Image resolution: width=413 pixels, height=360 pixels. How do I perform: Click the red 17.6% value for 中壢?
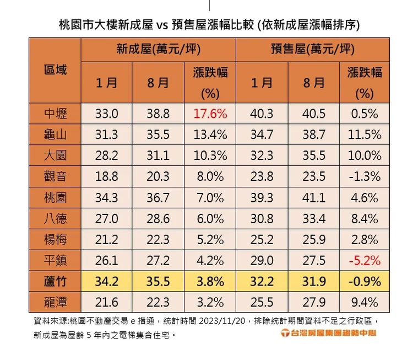(x=210, y=114)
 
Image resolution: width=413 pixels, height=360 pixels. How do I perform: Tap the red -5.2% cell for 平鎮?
(x=364, y=260)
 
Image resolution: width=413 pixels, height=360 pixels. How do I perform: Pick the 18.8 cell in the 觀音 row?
(x=107, y=176)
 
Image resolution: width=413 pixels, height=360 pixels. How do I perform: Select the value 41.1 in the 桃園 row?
(x=314, y=197)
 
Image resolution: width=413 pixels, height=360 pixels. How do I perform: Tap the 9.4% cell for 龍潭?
(x=364, y=302)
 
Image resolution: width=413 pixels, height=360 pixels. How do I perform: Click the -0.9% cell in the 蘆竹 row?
(x=364, y=281)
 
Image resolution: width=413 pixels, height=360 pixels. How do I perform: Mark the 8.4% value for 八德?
(x=364, y=218)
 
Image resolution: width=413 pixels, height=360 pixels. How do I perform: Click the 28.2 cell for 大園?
(x=107, y=156)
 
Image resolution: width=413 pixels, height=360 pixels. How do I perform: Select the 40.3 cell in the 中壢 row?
(x=262, y=114)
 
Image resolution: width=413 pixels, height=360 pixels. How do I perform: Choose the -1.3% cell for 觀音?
(x=364, y=176)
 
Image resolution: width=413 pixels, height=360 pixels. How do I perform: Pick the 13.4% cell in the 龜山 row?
(x=210, y=135)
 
